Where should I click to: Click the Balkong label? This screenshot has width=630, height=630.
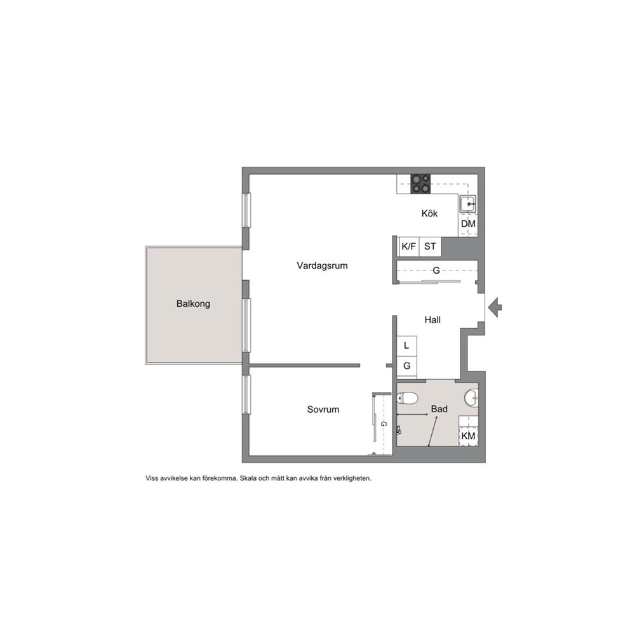point(193,304)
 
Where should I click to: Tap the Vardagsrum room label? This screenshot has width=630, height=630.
point(322,265)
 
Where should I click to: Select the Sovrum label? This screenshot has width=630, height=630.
point(323,410)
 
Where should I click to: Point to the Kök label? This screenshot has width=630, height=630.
point(429,213)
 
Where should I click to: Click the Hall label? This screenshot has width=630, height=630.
point(432,320)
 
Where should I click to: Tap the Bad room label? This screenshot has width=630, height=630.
point(439,409)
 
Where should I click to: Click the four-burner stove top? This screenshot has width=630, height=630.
point(420,184)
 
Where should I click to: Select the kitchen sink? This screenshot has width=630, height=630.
point(468,204)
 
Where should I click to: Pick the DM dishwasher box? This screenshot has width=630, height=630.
point(468,224)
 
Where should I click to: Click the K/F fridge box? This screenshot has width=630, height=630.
point(408,246)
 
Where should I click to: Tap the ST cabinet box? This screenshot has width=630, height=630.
point(431,246)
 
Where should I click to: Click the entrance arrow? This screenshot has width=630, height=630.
point(495,307)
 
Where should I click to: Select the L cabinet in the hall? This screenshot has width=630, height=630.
point(406,345)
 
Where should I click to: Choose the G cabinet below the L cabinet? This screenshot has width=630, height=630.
point(406,366)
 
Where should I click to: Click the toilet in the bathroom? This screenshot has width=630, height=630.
point(408,398)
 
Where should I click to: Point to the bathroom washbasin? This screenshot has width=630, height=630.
point(471,398)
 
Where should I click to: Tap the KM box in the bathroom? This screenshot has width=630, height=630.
point(469,436)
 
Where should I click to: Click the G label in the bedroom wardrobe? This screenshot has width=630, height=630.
point(384,424)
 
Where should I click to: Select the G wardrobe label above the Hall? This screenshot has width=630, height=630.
point(436,271)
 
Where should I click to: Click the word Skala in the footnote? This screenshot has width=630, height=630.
point(248,478)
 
